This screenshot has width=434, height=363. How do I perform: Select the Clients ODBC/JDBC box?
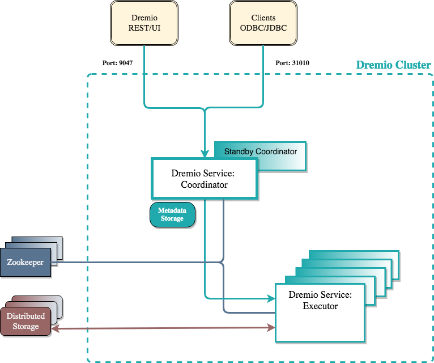[x=263, y=23]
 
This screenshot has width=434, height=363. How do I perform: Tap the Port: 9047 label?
[x=118, y=63]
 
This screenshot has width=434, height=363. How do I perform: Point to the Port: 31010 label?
[x=292, y=63]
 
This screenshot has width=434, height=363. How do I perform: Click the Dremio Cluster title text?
[x=393, y=65]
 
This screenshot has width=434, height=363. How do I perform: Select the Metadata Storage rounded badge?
[x=172, y=215]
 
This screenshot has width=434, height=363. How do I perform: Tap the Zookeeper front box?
[x=25, y=263]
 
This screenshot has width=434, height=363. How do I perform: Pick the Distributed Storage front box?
[x=26, y=322]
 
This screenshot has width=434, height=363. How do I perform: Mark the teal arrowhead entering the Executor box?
[x=270, y=297]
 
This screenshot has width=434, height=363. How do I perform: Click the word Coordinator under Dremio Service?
[x=204, y=184]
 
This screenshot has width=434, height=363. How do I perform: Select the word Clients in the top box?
[x=263, y=18]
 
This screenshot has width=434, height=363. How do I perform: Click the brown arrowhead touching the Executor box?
[x=271, y=327]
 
